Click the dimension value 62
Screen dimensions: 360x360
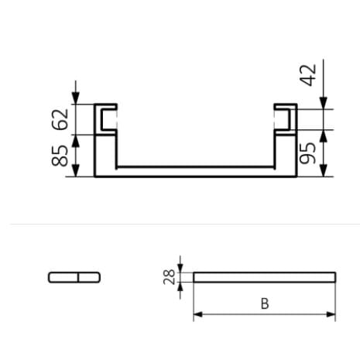(60, 119)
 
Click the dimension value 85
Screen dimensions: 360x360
(60, 156)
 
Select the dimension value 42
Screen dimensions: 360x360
(307, 75)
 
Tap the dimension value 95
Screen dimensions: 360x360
(307, 153)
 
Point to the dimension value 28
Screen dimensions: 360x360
(170, 277)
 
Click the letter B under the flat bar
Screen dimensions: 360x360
(265, 303)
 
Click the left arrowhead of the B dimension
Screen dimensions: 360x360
(197, 314)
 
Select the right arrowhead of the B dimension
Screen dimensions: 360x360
(331, 314)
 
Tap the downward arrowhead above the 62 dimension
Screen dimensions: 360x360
(75, 98)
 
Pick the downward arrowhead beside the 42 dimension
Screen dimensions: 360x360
(324, 103)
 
